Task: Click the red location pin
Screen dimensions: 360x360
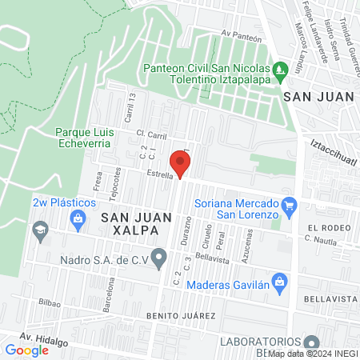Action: [x=180, y=163]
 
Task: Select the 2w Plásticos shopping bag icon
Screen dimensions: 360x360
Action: [x=78, y=218]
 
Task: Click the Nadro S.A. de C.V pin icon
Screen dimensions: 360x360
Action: [x=158, y=259]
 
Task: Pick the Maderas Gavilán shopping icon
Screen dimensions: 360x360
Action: [x=279, y=281]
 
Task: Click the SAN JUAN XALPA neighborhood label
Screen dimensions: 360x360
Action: [x=127, y=222]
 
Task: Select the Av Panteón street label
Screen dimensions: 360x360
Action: [x=242, y=34]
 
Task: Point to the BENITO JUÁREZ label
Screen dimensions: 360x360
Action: [x=181, y=316]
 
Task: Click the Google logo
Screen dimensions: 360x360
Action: [x=26, y=350]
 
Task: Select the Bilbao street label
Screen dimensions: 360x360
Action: [x=49, y=303]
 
